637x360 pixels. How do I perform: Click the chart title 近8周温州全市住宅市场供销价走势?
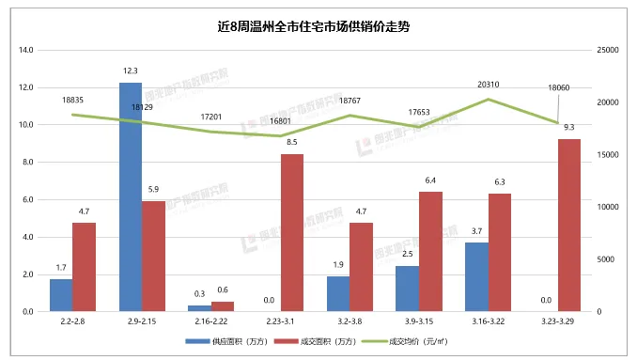pos(318,26)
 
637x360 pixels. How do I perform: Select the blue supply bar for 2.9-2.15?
pos(131,196)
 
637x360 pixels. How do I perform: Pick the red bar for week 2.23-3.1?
pos(292,232)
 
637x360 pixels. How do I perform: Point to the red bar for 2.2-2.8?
pos(85,267)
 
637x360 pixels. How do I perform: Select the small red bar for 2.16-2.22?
pos(223,305)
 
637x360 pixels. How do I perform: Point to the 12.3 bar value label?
pos(131,71)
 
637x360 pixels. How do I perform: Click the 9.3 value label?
pos(569,127)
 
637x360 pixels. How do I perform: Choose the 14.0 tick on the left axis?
pos(26,50)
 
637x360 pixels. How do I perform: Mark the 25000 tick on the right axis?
pos(608,50)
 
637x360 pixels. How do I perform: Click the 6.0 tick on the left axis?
pos(26,199)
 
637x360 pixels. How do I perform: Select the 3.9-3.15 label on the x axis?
pos(419,321)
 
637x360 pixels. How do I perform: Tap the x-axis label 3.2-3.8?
pos(350,321)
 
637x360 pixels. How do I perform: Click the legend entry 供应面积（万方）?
pos(239,344)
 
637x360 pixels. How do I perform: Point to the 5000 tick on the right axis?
pos(605,259)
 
